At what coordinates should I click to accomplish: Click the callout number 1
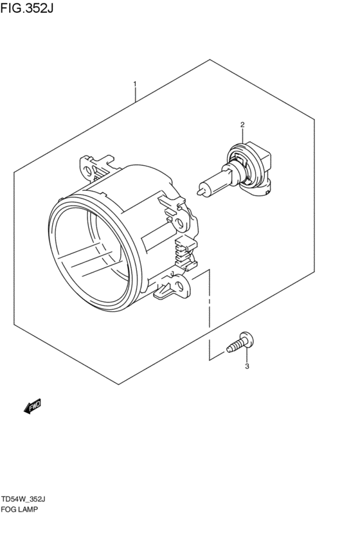tap(135, 84)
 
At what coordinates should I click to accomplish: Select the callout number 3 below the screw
tap(246, 367)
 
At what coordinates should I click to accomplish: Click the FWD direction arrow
tap(33, 406)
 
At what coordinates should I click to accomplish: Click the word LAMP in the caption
tap(29, 510)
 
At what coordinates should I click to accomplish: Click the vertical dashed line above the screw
tap(209, 309)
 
